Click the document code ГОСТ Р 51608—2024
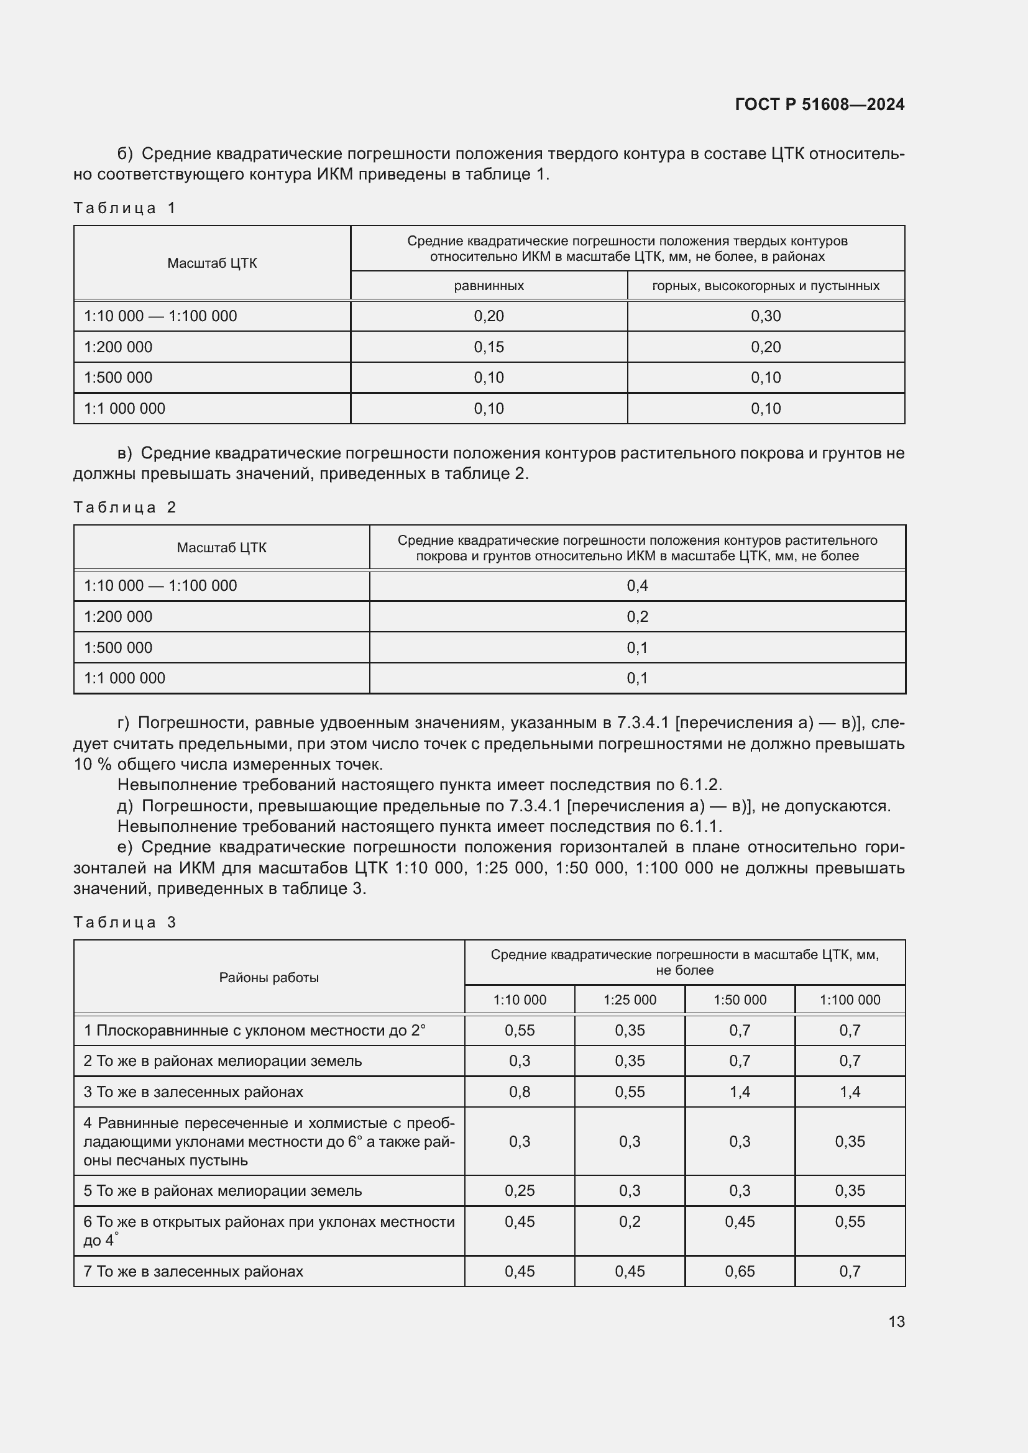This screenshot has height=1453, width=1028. click(819, 104)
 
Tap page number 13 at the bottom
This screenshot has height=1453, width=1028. click(896, 1321)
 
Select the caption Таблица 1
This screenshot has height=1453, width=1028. click(124, 208)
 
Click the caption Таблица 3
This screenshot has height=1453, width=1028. click(124, 922)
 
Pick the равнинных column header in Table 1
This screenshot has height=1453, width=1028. click(489, 285)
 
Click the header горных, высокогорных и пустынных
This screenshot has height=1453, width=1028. click(765, 285)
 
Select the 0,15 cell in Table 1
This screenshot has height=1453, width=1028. click(489, 347)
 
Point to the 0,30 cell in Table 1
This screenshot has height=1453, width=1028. click(765, 316)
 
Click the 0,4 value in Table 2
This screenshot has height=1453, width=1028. click(637, 585)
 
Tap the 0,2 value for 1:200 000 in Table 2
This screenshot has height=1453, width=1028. click(637, 616)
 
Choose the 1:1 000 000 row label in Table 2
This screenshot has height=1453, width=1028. click(124, 678)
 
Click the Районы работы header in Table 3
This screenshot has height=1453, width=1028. click(268, 977)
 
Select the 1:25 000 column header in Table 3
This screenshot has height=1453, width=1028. click(629, 1000)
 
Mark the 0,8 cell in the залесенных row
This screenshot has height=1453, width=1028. click(519, 1091)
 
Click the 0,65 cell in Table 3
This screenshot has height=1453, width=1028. click(740, 1272)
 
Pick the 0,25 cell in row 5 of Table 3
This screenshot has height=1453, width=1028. click(519, 1190)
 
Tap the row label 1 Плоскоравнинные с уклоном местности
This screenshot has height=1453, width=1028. click(254, 1030)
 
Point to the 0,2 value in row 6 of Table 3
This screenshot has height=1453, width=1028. click(629, 1221)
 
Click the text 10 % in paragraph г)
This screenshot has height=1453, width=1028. click(93, 764)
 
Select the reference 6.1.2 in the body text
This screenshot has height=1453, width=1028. click(699, 785)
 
